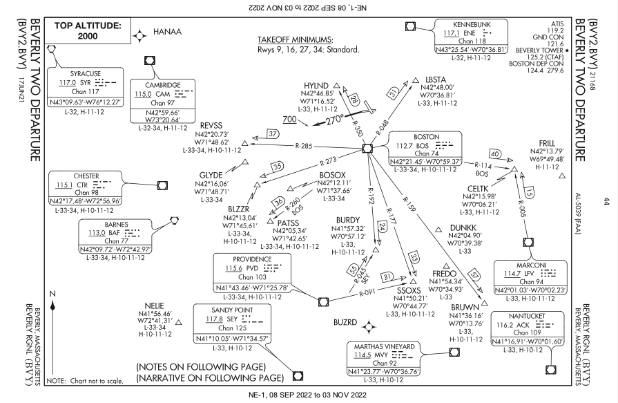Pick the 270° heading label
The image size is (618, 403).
click(x=330, y=118)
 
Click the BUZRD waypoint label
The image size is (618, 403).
click(x=345, y=324)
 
